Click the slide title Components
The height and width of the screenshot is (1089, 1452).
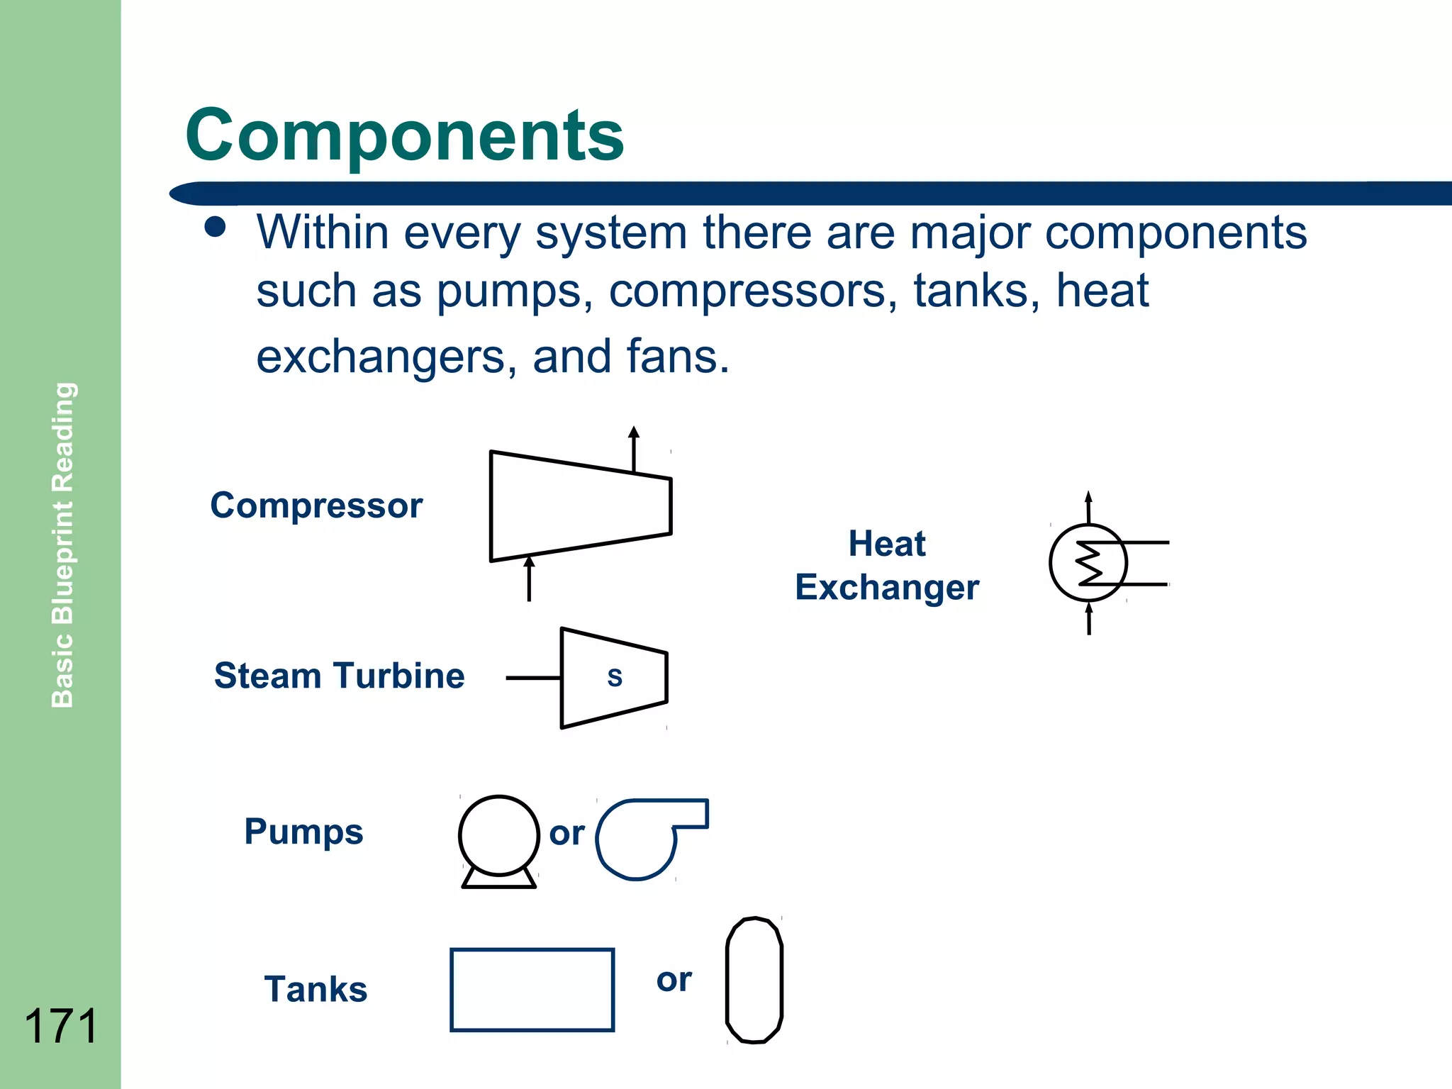(404, 135)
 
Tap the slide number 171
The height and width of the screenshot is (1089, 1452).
(61, 1025)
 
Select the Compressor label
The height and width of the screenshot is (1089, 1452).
(316, 506)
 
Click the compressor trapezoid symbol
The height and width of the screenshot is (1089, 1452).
(580, 506)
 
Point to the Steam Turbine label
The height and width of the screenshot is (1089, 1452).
(339, 676)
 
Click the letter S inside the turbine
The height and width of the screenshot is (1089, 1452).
(615, 678)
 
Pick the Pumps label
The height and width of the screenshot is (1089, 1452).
(303, 832)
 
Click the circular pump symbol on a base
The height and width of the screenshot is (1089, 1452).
(498, 837)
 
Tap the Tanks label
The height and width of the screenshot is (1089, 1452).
(315, 989)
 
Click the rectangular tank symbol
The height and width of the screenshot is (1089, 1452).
(532, 989)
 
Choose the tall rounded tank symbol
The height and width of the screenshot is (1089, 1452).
(754, 980)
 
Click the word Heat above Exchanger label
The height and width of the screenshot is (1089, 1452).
(887, 544)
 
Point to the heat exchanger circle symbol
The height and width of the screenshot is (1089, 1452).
(1088, 563)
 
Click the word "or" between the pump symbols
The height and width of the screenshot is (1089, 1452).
(566, 834)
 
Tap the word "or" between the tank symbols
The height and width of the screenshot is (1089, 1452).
(674, 981)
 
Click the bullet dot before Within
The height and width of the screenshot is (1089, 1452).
(214, 227)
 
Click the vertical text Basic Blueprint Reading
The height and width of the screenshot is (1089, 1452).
(62, 544)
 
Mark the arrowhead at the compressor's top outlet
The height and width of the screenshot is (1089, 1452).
(634, 432)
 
